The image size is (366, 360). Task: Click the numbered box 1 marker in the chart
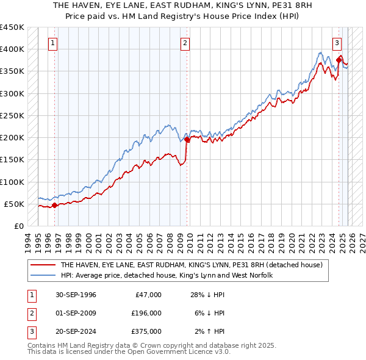(x=54, y=43)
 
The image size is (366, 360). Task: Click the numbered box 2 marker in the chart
(x=184, y=43)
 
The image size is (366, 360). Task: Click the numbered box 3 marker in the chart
(x=337, y=43)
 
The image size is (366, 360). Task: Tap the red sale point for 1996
(x=54, y=205)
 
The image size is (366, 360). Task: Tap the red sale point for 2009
(x=187, y=140)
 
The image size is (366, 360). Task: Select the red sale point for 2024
(x=339, y=60)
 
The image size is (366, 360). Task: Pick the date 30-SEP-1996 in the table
(x=76, y=295)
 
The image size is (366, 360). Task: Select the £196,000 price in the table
(x=146, y=313)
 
